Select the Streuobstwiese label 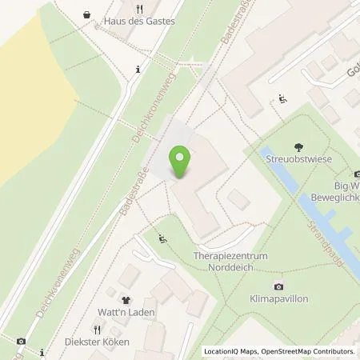[x=300, y=160]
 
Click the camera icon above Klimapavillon [x=278, y=286]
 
